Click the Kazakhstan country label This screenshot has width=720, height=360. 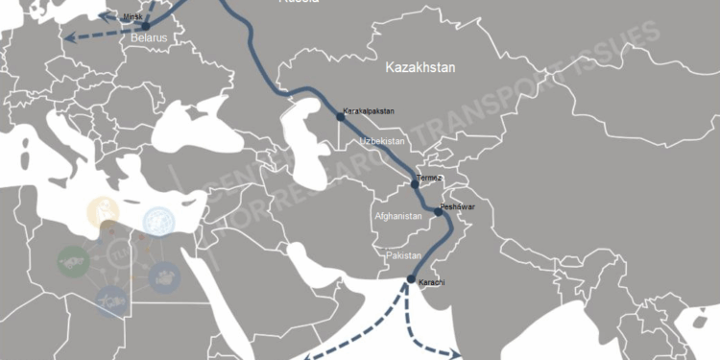pos(420,68)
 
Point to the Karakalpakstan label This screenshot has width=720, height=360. pos(370,112)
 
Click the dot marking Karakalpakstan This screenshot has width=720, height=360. pos(339,114)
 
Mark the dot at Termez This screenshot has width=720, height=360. pos(415,182)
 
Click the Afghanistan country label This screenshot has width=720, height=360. pos(396,217)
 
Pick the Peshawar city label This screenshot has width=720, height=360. pos(457,207)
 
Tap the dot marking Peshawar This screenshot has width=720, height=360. pos(439,213)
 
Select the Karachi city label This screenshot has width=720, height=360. pos(432,281)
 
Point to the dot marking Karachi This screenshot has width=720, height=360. pos(411,280)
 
